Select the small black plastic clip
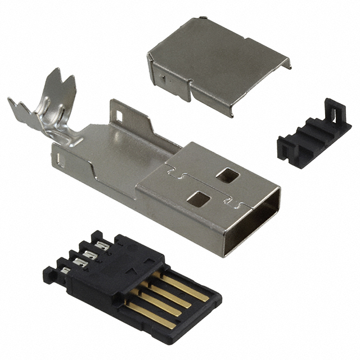point(313,132)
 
